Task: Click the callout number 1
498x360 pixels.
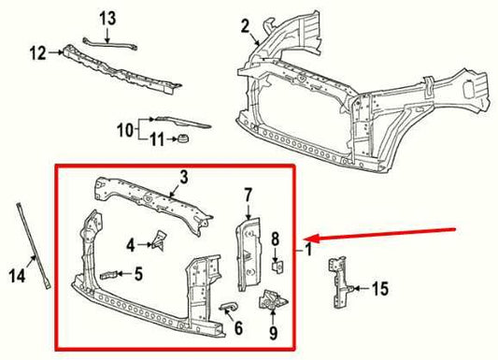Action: tap(309, 252)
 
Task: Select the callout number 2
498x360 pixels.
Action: tap(246, 26)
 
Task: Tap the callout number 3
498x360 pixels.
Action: tap(184, 176)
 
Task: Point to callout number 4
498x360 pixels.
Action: tap(131, 245)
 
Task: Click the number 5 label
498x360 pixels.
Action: tap(138, 274)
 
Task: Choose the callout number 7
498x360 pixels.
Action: tap(249, 195)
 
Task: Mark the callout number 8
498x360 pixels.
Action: tap(275, 239)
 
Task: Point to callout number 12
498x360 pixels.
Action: tap(36, 54)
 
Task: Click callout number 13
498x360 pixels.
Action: tap(108, 18)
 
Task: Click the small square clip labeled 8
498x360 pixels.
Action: tap(275, 265)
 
